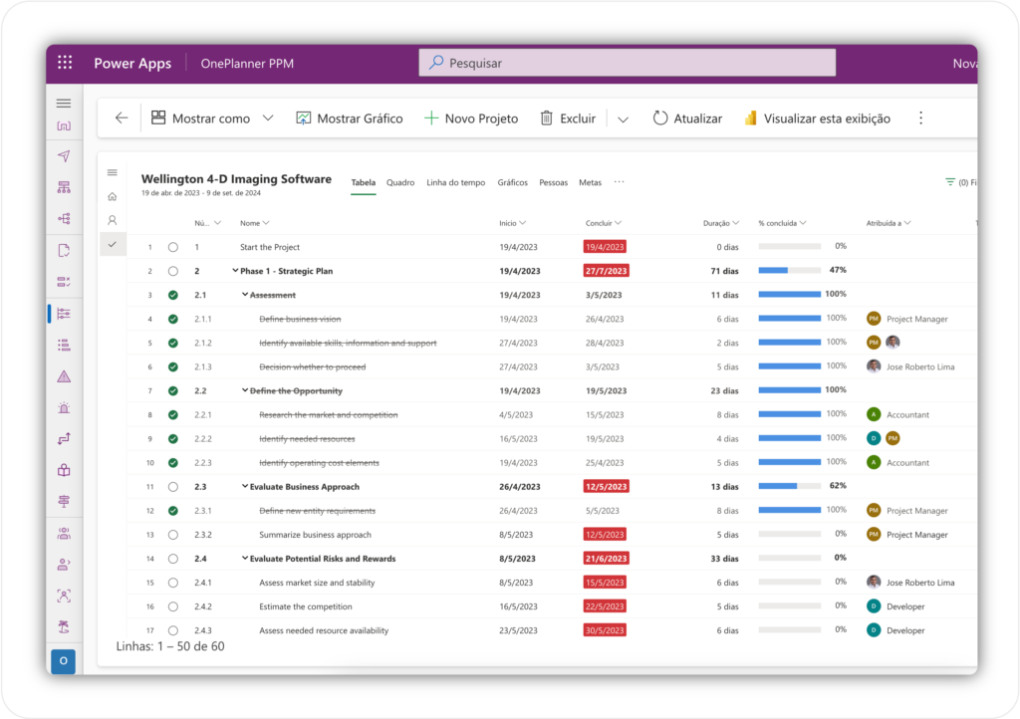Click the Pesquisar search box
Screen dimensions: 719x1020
pyautogui.click(x=628, y=63)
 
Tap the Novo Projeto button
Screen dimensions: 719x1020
pyautogui.click(x=471, y=119)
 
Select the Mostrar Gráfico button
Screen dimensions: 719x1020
pyautogui.click(x=350, y=119)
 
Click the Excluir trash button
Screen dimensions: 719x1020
pyautogui.click(x=568, y=119)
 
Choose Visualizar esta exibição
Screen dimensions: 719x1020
pyautogui.click(x=817, y=119)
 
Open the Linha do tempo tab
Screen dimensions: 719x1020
pyautogui.click(x=455, y=182)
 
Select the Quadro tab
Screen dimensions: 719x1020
pyautogui.click(x=400, y=182)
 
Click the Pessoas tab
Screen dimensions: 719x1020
pyautogui.click(x=553, y=182)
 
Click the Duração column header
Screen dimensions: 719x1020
pyautogui.click(x=716, y=223)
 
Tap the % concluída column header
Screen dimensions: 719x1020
pyautogui.click(x=781, y=223)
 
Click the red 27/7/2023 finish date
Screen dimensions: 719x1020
pyautogui.click(x=606, y=271)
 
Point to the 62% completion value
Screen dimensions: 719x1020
pyautogui.click(x=837, y=486)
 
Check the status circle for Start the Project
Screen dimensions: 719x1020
pyautogui.click(x=173, y=247)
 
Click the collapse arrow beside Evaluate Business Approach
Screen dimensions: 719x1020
pyautogui.click(x=244, y=487)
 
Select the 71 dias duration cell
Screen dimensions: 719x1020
pyautogui.click(x=724, y=271)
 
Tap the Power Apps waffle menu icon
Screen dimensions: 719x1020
pyautogui.click(x=65, y=63)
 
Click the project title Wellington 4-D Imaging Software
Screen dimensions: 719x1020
pyautogui.click(x=236, y=179)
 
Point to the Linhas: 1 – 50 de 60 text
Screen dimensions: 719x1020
pyautogui.click(x=170, y=646)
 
